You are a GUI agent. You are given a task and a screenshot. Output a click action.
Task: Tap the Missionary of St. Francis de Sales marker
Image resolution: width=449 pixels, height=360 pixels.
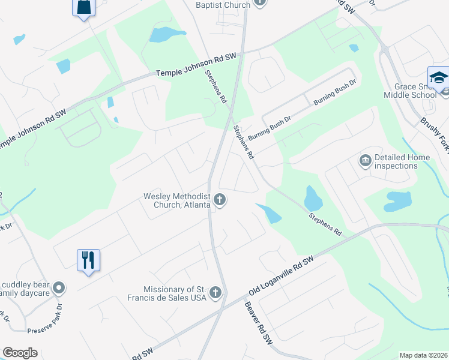215,293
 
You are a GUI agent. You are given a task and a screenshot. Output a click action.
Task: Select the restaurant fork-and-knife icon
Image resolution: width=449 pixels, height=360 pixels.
88,260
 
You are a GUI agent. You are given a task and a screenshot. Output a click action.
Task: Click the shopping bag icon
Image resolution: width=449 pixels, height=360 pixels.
83,7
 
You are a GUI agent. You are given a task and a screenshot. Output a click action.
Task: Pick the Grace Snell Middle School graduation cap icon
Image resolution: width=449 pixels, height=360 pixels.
439,78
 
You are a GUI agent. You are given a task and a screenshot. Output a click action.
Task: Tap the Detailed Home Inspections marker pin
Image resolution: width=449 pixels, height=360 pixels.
365,161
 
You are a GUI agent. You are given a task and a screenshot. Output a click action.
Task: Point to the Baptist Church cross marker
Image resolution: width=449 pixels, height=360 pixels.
260,2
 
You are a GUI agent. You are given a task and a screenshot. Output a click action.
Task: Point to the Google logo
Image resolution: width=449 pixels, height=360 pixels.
20,353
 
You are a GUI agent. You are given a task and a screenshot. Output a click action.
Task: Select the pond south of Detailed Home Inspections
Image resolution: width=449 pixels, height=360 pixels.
398,201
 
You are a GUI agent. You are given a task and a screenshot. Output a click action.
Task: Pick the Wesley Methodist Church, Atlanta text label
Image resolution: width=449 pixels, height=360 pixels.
176,200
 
